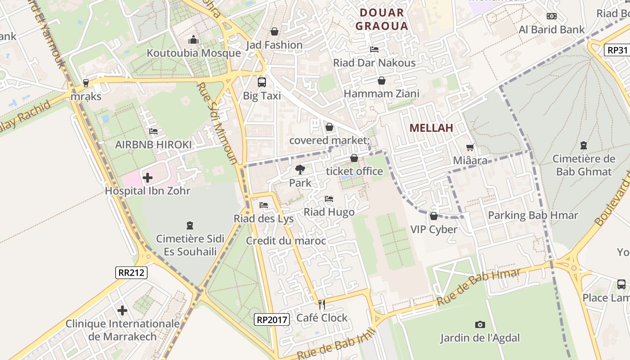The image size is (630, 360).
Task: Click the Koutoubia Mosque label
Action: click(193, 53)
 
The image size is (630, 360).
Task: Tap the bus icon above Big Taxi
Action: click(261, 82)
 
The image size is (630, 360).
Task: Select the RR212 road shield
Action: click(131, 272)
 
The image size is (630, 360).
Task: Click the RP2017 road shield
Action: click(271, 319)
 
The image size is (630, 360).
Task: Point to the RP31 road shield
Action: click(617, 50)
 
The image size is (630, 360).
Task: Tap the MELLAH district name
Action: click(431, 128)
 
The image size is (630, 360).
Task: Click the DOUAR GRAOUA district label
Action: click(382, 19)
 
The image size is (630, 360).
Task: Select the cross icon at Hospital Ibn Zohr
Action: click(147, 178)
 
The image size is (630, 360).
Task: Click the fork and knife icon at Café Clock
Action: click(322, 305)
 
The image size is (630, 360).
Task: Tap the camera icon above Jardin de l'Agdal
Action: click(480, 324)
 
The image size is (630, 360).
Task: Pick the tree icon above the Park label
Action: click(300, 170)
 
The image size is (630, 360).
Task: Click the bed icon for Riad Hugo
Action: click(329, 199)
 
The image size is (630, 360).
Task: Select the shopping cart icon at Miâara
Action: click(470, 148)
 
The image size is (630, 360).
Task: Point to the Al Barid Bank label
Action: click(551, 30)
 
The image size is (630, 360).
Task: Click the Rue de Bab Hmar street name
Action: click(478, 287)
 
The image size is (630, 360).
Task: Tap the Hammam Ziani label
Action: click(381, 94)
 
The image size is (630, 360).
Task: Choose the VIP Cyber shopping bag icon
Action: click(434, 216)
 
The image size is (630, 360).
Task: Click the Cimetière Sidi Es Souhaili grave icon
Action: click(189, 225)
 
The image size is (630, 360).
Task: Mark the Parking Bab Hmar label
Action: click(533, 216)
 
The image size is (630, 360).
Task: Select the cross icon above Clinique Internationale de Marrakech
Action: click(122, 310)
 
